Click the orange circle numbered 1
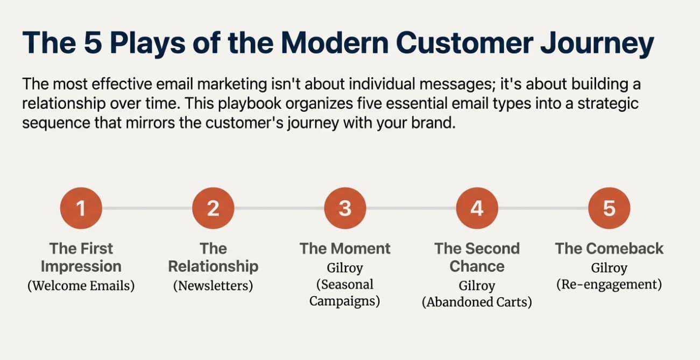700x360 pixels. coord(81,208)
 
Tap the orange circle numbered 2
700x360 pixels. coord(213,208)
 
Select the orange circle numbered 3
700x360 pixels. coord(345,208)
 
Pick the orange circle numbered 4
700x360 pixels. coord(477,208)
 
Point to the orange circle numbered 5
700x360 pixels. coord(609,208)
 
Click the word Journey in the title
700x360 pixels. coord(597,44)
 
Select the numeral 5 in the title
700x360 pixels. coord(93,43)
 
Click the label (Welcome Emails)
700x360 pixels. coord(81,286)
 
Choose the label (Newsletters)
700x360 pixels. coord(213,286)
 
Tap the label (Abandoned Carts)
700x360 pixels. coord(477,302)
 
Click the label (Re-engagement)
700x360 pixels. coord(609,285)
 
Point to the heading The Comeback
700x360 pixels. coord(609,249)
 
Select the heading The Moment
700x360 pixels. coord(345,249)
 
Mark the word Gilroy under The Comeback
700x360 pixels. coord(609,268)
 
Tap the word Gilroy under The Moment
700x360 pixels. coord(345,268)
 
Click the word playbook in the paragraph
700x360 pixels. coord(250,104)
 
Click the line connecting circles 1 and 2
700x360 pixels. coord(147,208)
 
